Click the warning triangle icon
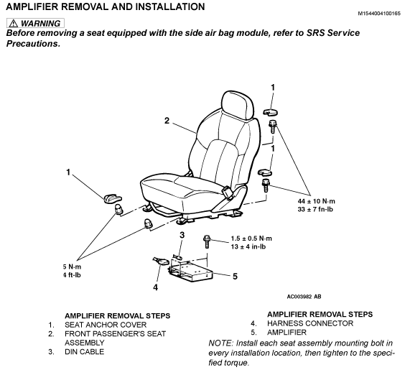tap(13, 24)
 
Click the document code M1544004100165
tap(379, 13)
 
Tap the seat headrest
tap(238, 105)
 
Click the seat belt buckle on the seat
tap(228, 192)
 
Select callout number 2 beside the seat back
tap(167, 121)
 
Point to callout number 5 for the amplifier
tap(235, 277)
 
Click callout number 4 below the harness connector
tap(155, 287)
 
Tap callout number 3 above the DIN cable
tap(182, 235)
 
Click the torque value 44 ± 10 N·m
tap(317, 201)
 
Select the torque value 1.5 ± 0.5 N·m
tap(251, 239)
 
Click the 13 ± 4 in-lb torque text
tap(248, 246)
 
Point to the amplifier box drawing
tap(190, 272)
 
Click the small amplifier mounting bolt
tap(207, 241)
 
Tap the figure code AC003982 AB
tap(304, 297)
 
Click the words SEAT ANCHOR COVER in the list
tap(106, 325)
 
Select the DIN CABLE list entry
tap(84, 352)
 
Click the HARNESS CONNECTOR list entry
tap(310, 323)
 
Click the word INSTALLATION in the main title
tap(170, 6)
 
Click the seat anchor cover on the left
tap(113, 198)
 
